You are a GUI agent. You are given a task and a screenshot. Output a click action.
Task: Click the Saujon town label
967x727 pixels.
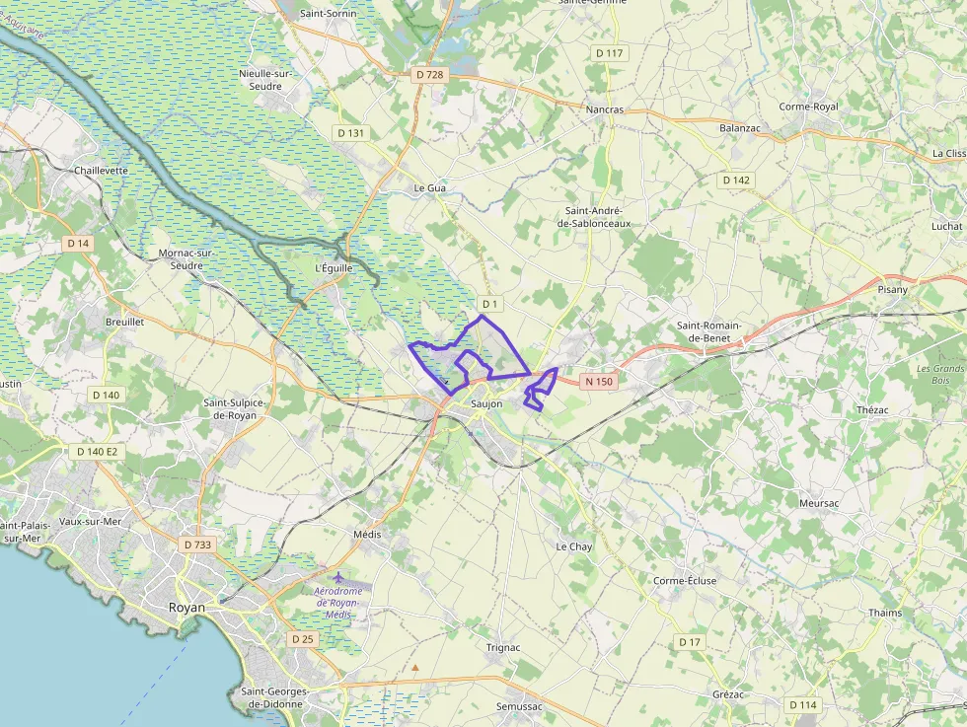pyautogui.click(x=486, y=404)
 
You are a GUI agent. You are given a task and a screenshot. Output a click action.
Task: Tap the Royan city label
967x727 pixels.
pyautogui.click(x=187, y=608)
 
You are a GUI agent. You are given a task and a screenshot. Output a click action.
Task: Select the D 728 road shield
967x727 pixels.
pyautogui.click(x=430, y=74)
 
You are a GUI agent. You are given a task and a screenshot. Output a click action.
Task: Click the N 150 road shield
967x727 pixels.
pyautogui.click(x=598, y=381)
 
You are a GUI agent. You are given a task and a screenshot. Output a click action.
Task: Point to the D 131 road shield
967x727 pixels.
pyautogui.click(x=350, y=133)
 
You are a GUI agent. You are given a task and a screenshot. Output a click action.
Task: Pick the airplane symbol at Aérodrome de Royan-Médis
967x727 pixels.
pyautogui.click(x=338, y=576)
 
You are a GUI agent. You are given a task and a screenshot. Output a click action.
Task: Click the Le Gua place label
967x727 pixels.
pyautogui.click(x=430, y=187)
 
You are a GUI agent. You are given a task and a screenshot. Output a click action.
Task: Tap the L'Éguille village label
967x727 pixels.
pyautogui.click(x=333, y=267)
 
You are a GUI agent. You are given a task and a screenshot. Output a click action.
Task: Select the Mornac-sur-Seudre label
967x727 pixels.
pyautogui.click(x=186, y=258)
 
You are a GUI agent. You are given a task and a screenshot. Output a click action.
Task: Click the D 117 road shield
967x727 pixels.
pyautogui.click(x=610, y=52)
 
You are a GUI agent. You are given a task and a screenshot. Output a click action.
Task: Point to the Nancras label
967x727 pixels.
pyautogui.click(x=605, y=109)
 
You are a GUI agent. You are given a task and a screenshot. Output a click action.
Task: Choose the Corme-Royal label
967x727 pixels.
pyautogui.click(x=808, y=107)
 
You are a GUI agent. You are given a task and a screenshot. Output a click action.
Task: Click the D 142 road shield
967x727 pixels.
pyautogui.click(x=736, y=181)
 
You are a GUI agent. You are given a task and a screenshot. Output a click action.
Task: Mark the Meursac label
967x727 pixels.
pyautogui.click(x=819, y=503)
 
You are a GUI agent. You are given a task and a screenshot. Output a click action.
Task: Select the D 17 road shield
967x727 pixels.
pyautogui.click(x=689, y=642)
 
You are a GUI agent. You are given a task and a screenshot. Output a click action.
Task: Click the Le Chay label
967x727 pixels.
pyautogui.click(x=573, y=546)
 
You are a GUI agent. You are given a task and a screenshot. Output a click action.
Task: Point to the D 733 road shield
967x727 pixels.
pyautogui.click(x=197, y=545)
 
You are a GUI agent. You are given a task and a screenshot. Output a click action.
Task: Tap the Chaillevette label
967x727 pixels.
pyautogui.click(x=102, y=171)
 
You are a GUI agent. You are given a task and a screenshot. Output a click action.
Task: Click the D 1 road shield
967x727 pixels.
pyautogui.click(x=490, y=302)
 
